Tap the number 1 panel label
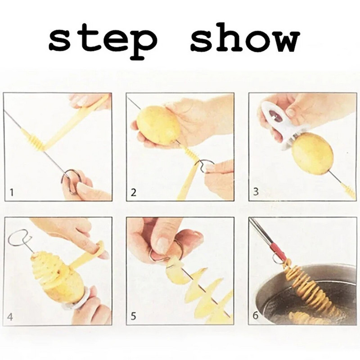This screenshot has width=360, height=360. [x=12, y=193]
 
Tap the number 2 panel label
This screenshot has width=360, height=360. [x=133, y=193]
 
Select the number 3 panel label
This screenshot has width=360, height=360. [x=256, y=192]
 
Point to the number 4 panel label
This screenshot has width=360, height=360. [x=9, y=317]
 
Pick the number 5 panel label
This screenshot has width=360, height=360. [x=133, y=316]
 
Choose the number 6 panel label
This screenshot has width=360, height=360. [x=256, y=315]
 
